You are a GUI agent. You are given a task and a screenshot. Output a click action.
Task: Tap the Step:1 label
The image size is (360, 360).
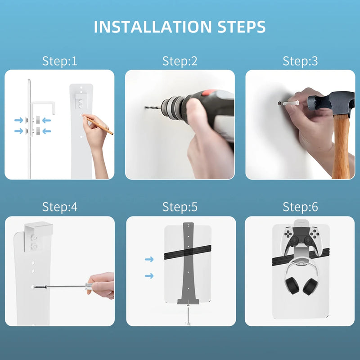pos(59,61)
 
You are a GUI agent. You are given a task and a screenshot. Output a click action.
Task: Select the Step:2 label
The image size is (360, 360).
pos(180,61)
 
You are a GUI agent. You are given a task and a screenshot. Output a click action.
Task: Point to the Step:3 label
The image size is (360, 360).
pos(300,61)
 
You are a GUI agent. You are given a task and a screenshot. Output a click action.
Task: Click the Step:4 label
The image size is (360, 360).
pos(59,207)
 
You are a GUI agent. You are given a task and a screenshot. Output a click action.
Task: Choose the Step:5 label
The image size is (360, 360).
pos(180,207)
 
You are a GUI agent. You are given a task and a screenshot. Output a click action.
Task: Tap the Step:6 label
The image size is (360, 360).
pos(300,207)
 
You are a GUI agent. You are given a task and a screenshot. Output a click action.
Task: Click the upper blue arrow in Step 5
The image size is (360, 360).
pos(149,259)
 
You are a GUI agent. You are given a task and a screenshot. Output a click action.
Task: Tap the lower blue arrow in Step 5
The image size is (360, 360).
pos(149,275)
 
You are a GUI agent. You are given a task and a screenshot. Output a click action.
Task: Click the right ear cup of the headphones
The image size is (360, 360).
pos(310,287)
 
